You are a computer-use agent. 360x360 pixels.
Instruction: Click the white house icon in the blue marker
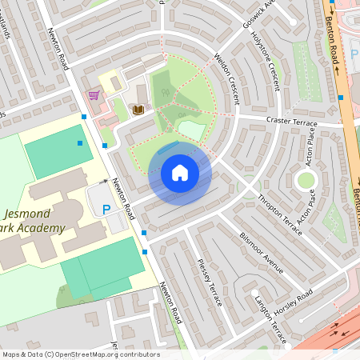(x=180, y=173)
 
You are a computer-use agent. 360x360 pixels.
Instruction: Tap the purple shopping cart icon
(x=94, y=95)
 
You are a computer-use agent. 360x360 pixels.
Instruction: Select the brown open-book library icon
(x=138, y=109)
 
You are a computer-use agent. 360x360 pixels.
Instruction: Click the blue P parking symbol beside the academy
(x=106, y=210)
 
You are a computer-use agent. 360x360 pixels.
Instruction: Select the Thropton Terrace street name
(x=279, y=214)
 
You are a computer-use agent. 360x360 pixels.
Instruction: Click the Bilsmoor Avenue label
(x=262, y=253)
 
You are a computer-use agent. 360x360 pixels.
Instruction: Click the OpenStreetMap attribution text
(x=81, y=354)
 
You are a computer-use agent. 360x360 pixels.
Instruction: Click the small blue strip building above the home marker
(x=169, y=147)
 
